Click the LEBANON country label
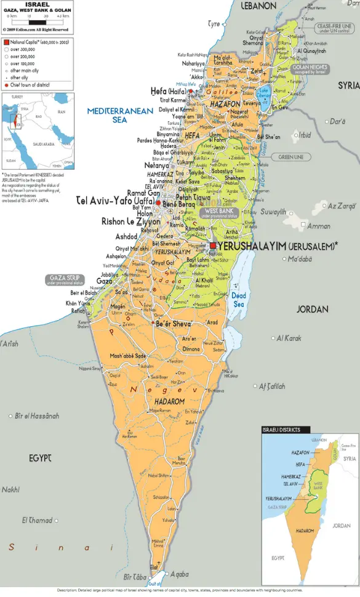coord(258,6)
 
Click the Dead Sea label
coord(239,300)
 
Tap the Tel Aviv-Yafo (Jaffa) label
coord(115,201)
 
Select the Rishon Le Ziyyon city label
coord(122,222)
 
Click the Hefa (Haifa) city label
coord(168,91)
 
